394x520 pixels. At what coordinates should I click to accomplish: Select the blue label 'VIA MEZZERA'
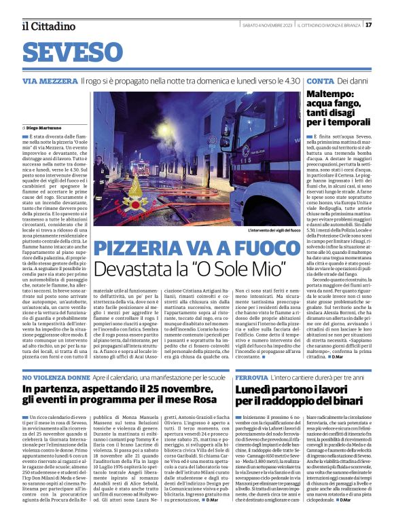coord(49,81)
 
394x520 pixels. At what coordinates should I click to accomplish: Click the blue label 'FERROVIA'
coord(253,377)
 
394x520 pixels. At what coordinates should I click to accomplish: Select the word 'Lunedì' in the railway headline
coord(254,390)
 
